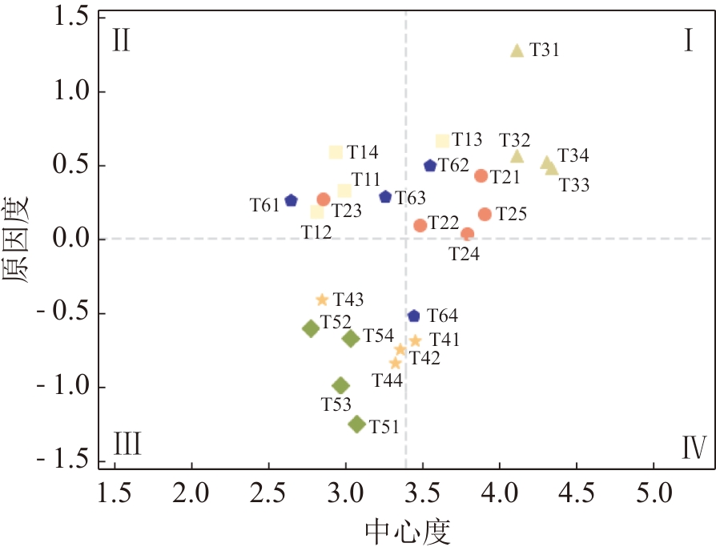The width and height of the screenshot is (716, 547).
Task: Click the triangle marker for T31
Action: coord(517,50)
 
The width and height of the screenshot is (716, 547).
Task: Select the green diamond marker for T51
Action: coord(357,424)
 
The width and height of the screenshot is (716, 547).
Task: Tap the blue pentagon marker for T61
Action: coord(291,200)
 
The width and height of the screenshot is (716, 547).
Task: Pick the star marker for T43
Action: coord(322,300)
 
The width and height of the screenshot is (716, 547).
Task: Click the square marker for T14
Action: coord(336,152)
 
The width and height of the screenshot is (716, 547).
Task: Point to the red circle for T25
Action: coord(485,214)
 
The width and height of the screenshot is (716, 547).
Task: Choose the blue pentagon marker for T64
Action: coord(413,316)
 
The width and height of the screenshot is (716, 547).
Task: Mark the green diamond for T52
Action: coord(311,328)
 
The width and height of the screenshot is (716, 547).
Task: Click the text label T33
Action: coord(573,186)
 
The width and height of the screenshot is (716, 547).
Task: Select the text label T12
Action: coord(316,231)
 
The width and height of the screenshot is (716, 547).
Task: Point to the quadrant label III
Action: coord(128,443)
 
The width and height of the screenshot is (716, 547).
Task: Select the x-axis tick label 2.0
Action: coord(191,489)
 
